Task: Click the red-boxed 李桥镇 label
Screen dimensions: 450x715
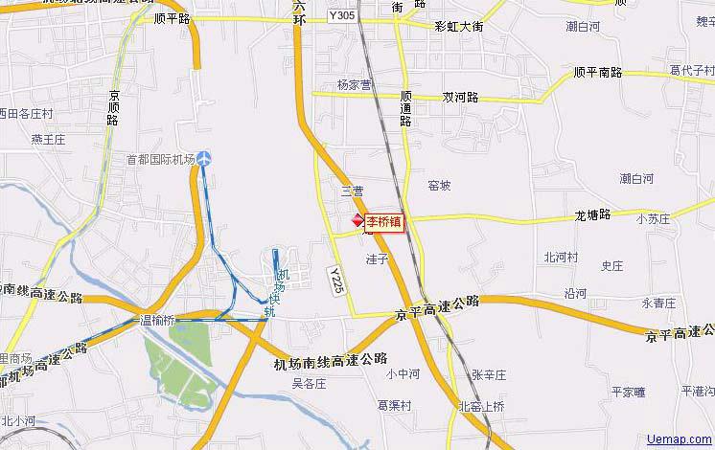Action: pyautogui.click(x=383, y=222)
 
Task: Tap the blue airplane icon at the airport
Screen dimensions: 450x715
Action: pyautogui.click(x=205, y=158)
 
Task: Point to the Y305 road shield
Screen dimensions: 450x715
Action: pyautogui.click(x=340, y=15)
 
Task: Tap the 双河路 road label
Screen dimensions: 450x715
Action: pyautogui.click(x=460, y=98)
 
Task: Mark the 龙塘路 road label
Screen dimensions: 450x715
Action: pyautogui.click(x=592, y=214)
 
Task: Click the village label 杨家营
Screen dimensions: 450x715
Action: pyautogui.click(x=354, y=85)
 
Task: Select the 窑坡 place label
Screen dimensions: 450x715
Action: pyautogui.click(x=439, y=186)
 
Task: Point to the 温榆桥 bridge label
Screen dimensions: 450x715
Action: pyautogui.click(x=157, y=320)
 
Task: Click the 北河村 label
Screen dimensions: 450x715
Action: pyautogui.click(x=561, y=257)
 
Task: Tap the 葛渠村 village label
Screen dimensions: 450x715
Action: pyautogui.click(x=394, y=405)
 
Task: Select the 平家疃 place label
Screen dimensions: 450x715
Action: pyautogui.click(x=630, y=392)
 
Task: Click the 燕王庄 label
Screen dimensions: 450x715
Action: pyautogui.click(x=47, y=139)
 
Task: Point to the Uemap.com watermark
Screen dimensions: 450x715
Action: pyautogui.click(x=680, y=439)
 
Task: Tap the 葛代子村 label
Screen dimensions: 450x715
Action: pyautogui.click(x=692, y=70)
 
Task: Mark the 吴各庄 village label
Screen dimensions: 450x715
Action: pyautogui.click(x=310, y=383)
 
